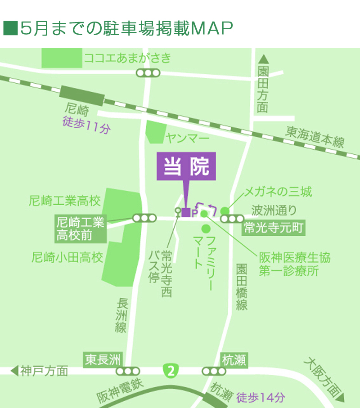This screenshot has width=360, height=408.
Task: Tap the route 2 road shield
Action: pyautogui.click(x=170, y=371)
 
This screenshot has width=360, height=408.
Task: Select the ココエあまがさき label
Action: pyautogui.click(x=128, y=58)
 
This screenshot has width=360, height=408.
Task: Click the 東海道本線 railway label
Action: pyautogui.click(x=315, y=136)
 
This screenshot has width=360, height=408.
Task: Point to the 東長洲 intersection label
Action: pyautogui.click(x=103, y=360)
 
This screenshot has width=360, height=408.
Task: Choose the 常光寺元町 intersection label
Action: pyautogui.click(x=274, y=229)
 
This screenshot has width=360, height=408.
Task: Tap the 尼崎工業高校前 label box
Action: pyautogui.click(x=81, y=228)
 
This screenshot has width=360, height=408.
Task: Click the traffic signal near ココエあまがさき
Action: pyautogui.click(x=148, y=73)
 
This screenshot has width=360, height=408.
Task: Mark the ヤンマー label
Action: pyautogui.click(x=187, y=138)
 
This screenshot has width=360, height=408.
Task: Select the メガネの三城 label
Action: pyautogui.click(x=277, y=193)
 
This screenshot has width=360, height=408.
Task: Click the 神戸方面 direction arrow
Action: pyautogui.click(x=14, y=371)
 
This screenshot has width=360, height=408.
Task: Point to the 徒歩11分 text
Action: pyautogui.click(x=86, y=128)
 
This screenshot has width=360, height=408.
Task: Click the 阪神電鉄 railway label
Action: pyautogui.click(x=120, y=391)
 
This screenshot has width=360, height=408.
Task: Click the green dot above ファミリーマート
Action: pyautogui.click(x=206, y=229)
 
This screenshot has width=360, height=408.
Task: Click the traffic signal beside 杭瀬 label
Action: pyautogui.click(x=213, y=371)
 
